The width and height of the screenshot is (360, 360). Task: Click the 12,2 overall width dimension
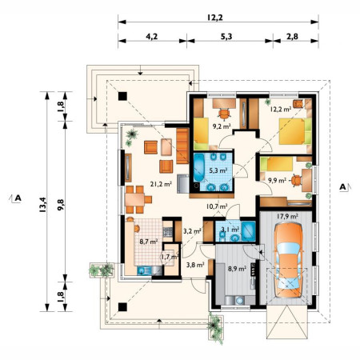click(214, 18)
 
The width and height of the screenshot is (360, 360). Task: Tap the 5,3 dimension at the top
click(226, 36)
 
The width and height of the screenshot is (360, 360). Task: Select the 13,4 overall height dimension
click(43, 205)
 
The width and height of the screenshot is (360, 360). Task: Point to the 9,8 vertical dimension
click(61, 205)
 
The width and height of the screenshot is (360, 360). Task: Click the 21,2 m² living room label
click(161, 184)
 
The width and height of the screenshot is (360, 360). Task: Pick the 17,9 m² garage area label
click(287, 216)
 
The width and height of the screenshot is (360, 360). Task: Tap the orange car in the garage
click(289, 260)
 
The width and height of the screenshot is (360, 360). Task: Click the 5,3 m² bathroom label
click(218, 170)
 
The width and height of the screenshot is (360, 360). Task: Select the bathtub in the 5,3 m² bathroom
click(198, 167)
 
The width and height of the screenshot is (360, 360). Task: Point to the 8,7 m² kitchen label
click(149, 242)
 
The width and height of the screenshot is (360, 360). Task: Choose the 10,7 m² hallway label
click(217, 206)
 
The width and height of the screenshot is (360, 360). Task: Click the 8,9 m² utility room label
click(237, 269)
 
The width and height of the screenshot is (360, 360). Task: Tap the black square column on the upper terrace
click(122, 96)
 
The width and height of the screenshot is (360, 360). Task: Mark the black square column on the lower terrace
click(122, 307)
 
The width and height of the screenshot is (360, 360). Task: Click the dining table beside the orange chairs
click(134, 199)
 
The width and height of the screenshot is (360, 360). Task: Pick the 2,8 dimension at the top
click(292, 36)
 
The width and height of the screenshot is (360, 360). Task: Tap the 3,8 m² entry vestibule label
click(195, 265)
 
